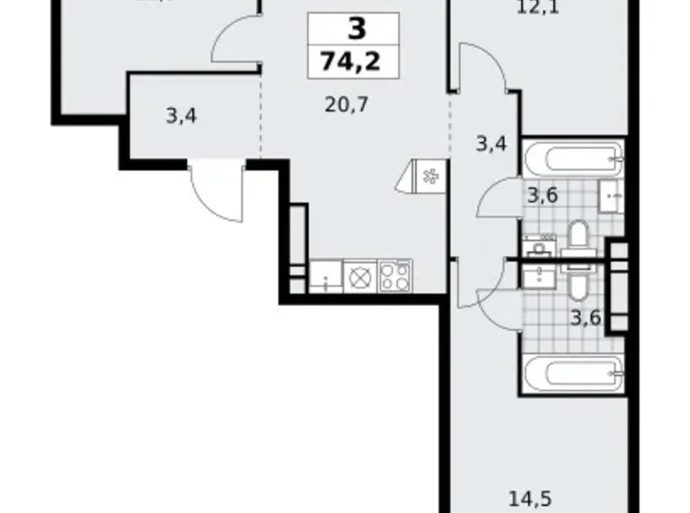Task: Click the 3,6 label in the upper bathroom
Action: [541, 195]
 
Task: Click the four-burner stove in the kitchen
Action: [395, 277]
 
